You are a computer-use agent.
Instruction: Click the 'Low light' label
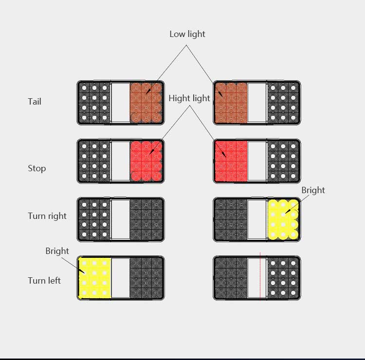(187, 34)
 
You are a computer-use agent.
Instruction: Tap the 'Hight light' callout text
(189, 98)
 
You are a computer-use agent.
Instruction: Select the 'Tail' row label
(35, 102)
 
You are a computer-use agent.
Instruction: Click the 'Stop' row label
(37, 168)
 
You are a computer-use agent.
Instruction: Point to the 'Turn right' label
(47, 216)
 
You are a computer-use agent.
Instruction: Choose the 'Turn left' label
(44, 281)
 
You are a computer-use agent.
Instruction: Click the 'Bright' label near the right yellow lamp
(313, 190)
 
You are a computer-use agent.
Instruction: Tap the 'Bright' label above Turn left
(57, 251)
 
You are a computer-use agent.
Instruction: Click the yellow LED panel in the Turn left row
(94, 278)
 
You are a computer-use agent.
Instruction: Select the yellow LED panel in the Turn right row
(283, 219)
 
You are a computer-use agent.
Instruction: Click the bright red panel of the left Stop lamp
(146, 161)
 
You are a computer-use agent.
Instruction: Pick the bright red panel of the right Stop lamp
(231, 161)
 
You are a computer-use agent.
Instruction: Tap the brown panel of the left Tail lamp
(146, 103)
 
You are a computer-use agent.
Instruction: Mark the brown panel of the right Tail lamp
(231, 103)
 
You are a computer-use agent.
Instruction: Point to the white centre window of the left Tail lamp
(121, 103)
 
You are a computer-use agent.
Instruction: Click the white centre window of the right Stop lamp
(257, 161)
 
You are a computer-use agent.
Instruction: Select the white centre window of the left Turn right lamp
(121, 219)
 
